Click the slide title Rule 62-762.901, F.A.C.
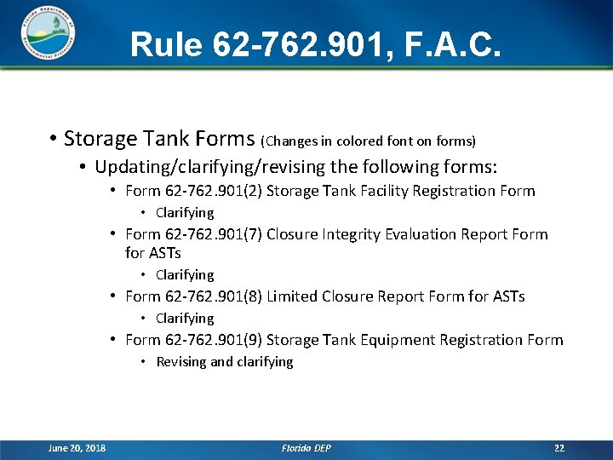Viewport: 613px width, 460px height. click(x=316, y=44)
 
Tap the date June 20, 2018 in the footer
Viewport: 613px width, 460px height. click(x=77, y=448)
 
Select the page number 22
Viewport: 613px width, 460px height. click(x=559, y=448)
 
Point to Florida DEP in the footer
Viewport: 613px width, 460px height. click(x=306, y=448)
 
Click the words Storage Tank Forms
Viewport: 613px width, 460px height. click(x=159, y=138)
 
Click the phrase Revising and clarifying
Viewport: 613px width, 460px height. click(x=224, y=362)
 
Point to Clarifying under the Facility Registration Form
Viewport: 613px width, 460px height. click(x=185, y=213)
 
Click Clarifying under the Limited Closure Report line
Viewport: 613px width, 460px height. click(x=185, y=319)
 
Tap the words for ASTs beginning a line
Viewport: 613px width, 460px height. click(x=153, y=253)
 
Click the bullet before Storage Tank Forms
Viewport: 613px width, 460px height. click(x=53, y=138)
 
